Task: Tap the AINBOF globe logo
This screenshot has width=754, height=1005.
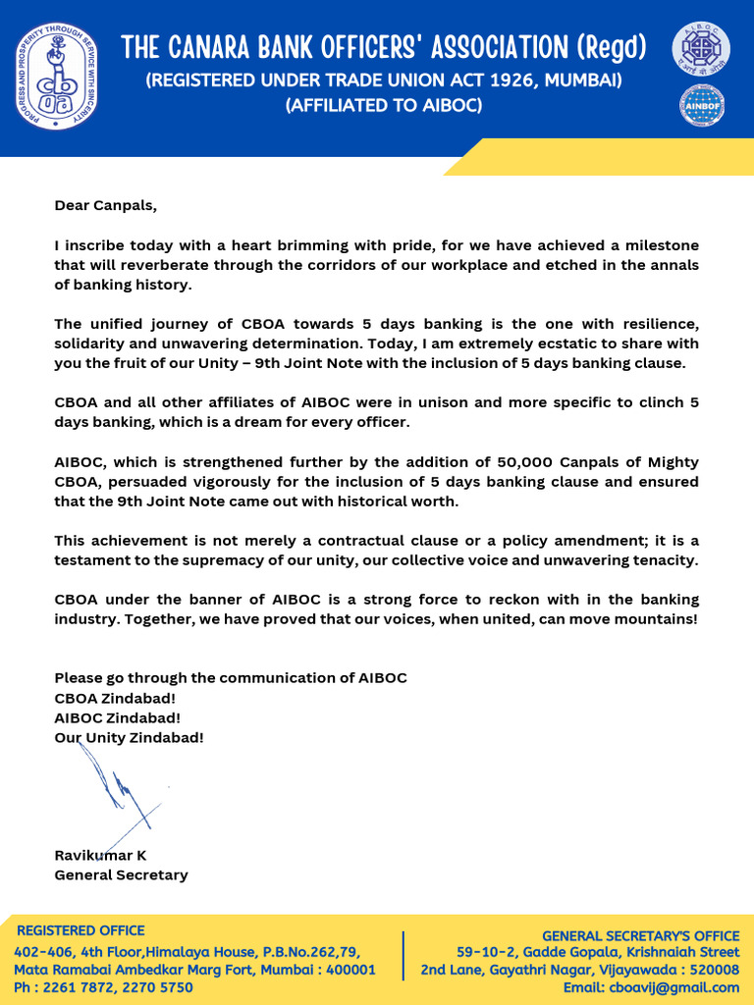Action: pos(701,106)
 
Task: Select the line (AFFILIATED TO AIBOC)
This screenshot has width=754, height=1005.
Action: pos(383,105)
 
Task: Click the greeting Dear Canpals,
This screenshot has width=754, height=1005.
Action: pos(105,206)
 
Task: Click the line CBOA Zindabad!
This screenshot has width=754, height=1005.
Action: pos(115,698)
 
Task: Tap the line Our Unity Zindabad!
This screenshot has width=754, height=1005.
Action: pos(129,737)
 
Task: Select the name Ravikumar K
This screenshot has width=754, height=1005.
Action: pos(100,855)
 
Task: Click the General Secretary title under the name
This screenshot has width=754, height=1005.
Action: pos(121,874)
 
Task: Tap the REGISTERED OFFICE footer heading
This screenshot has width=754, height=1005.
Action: pos(81,930)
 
